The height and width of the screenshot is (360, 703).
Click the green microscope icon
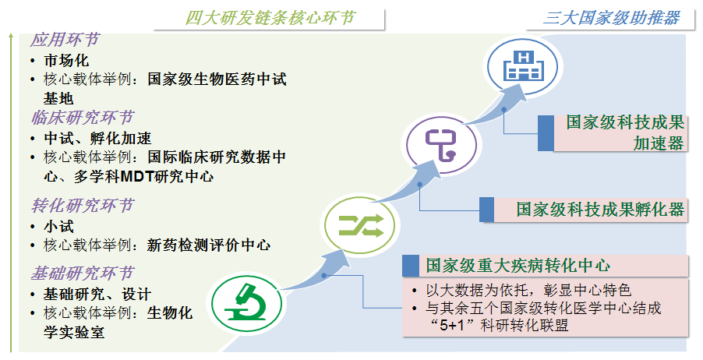[246, 303]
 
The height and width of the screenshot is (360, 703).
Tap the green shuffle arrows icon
[361, 225]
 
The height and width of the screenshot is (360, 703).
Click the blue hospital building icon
[523, 66]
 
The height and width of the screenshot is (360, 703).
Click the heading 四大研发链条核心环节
[270, 18]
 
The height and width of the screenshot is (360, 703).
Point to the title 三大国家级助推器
[611, 18]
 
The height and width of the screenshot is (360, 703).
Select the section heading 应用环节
[65, 40]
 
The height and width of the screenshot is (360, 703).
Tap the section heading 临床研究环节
[82, 118]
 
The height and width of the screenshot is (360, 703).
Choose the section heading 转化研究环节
[82, 206]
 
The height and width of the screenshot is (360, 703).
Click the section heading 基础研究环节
[82, 273]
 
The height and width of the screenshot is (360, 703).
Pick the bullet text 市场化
[66, 61]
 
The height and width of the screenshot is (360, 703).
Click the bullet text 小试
[58, 227]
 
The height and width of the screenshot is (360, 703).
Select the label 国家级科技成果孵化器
[600, 210]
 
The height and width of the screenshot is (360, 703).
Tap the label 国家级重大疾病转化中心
[518, 266]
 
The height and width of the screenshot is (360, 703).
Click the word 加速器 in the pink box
[659, 143]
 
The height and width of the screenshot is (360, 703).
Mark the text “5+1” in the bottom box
[451, 325]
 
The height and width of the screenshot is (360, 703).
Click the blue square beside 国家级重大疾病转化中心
[411, 266]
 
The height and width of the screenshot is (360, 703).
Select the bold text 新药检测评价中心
[209, 245]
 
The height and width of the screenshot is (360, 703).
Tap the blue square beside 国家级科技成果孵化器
[486, 210]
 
